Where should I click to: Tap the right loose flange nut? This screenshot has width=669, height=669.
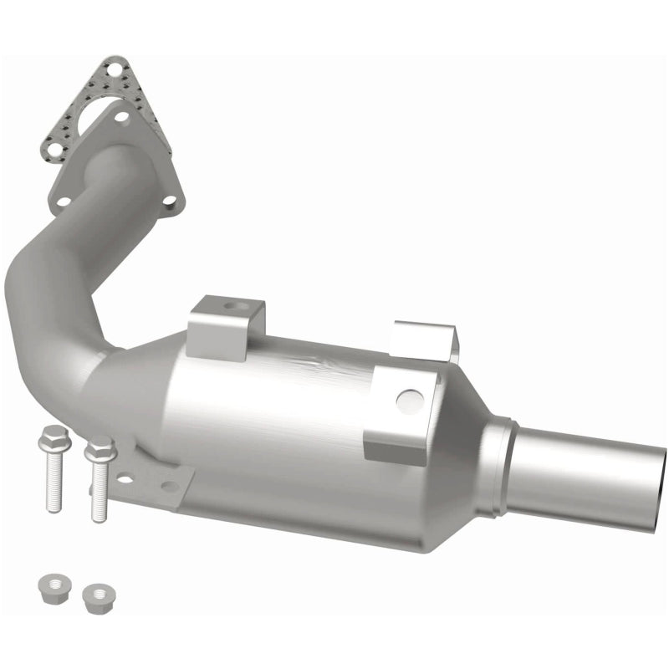click(x=99, y=596)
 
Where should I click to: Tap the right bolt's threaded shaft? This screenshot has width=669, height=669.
click(x=100, y=493)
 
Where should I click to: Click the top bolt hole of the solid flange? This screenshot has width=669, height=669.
click(x=122, y=117)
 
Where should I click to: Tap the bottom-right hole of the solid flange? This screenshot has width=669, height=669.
click(x=170, y=201)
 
